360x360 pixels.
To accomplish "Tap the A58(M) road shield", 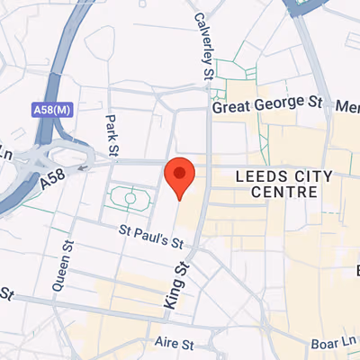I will (51, 110).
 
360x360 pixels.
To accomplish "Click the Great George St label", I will (266, 105).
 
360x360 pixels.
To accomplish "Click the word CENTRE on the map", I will (285, 192).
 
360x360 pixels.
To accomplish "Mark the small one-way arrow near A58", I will (84, 166).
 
